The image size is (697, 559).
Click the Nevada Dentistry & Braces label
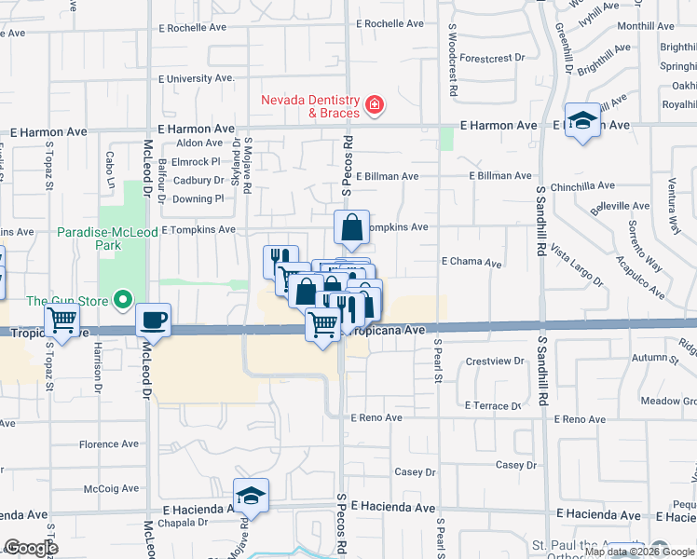click(309, 106)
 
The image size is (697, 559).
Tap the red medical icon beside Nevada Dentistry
click(374, 105)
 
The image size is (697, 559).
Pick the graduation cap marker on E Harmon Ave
click(582, 120)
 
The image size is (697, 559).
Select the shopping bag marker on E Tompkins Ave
click(352, 227)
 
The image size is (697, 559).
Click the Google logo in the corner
click(30, 548)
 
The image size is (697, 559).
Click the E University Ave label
click(197, 79)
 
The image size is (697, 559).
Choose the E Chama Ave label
click(472, 263)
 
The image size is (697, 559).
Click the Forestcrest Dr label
click(492, 58)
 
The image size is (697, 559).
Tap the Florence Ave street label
click(109, 444)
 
